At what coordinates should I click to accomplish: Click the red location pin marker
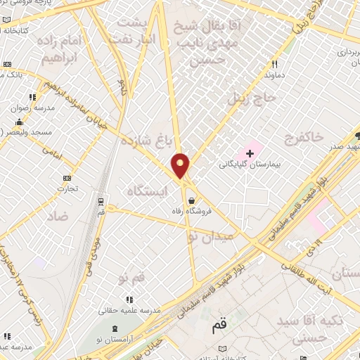pos(181,166)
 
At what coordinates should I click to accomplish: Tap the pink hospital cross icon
pos(250,152)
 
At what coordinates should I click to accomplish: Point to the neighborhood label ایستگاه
pos(149,190)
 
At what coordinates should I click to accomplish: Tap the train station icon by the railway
pos(102,201)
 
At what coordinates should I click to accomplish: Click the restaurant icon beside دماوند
pos(274,64)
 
